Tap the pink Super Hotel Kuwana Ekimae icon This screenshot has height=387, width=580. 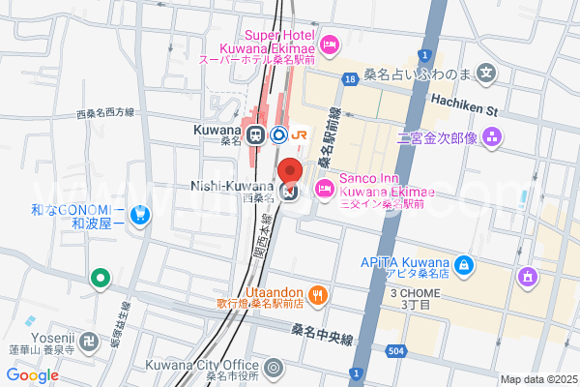point(329,44)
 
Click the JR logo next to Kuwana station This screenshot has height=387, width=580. point(300,134)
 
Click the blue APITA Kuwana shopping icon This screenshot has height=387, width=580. point(465,263)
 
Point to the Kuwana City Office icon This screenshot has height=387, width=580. point(274,368)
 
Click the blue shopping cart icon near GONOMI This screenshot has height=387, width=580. point(141,214)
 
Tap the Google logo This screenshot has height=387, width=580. point(32,375)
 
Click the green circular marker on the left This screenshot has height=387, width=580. point(100,280)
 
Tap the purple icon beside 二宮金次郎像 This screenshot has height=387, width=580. point(494,136)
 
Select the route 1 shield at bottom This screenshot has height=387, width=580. point(357,373)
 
